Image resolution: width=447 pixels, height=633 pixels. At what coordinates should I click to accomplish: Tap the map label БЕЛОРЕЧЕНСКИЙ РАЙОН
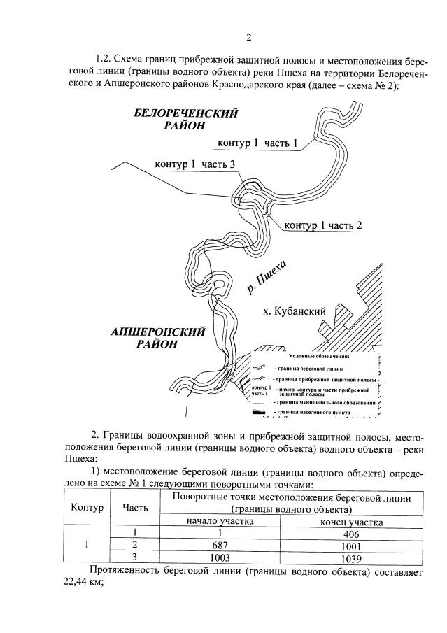click(186, 120)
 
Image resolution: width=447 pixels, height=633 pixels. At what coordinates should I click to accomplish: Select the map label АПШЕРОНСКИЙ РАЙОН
click(157, 338)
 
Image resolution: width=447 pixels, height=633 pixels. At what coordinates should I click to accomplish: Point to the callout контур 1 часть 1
click(257, 143)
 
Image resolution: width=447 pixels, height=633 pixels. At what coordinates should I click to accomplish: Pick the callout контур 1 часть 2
click(322, 225)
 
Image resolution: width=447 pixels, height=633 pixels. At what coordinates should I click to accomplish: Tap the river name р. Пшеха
click(267, 274)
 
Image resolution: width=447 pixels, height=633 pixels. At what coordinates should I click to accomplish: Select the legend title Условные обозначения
click(308, 357)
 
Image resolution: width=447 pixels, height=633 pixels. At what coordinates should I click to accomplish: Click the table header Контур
click(87, 506)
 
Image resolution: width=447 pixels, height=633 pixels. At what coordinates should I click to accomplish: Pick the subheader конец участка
click(350, 522)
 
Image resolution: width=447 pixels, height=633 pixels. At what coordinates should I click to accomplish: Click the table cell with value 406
click(350, 533)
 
